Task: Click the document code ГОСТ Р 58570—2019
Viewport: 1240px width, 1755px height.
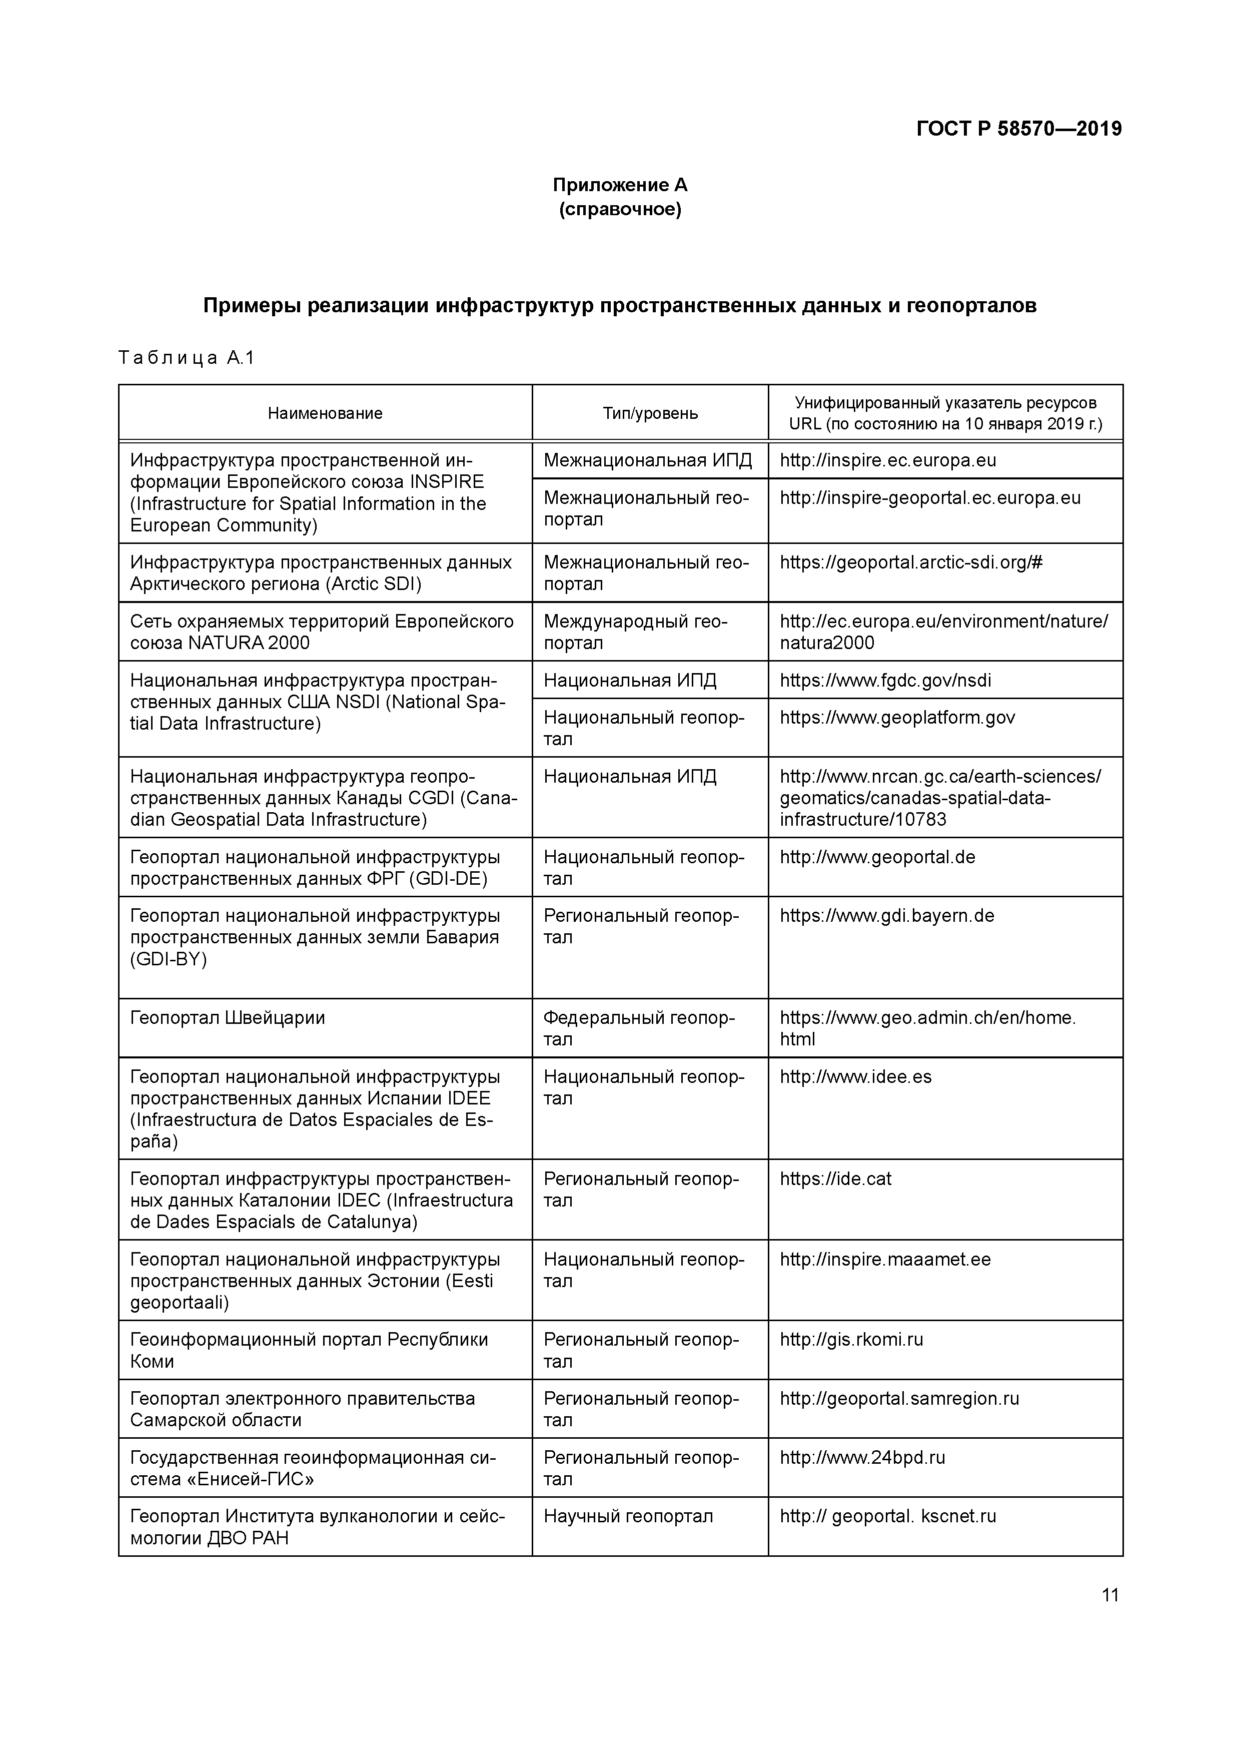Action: tap(1018, 129)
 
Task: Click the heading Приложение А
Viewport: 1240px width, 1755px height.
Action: tap(620, 185)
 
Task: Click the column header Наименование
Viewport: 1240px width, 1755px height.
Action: tap(325, 413)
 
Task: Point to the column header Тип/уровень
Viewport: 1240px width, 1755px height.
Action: tap(649, 413)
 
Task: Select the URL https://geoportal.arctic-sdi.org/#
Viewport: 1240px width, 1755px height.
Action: tap(911, 562)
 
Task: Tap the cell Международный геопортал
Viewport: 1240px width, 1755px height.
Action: tap(636, 632)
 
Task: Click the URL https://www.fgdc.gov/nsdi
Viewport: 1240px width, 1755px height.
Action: tap(885, 680)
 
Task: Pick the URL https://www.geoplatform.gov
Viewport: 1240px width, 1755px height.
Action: tap(897, 717)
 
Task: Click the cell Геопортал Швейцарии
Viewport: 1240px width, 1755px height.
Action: tap(228, 1017)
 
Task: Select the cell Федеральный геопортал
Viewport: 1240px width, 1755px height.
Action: tap(639, 1028)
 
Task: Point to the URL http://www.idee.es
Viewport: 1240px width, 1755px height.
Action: tap(856, 1076)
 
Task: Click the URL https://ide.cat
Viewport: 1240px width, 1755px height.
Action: tap(835, 1179)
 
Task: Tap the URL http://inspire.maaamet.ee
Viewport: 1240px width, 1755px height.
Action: tap(885, 1259)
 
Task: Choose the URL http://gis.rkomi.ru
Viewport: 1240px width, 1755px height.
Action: tap(851, 1339)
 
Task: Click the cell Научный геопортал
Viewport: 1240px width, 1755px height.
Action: tap(628, 1516)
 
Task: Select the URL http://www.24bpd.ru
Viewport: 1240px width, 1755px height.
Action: tap(862, 1457)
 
